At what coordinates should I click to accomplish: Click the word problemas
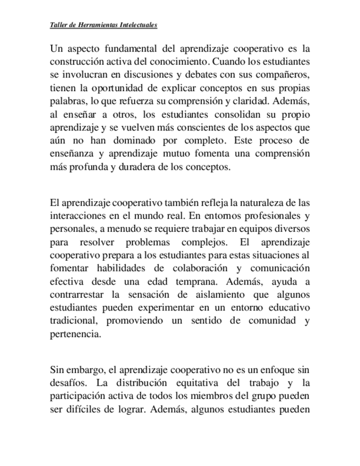pos(152,241)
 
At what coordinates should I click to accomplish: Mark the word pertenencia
pos(75,335)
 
